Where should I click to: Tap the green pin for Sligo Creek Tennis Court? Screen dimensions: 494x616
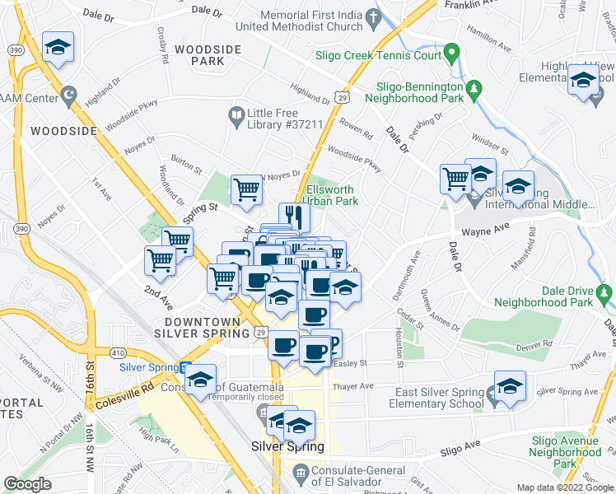(451, 55)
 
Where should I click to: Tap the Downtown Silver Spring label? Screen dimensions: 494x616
(206, 327)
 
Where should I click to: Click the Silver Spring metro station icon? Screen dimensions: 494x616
(187, 367)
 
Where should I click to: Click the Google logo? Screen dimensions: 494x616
(28, 484)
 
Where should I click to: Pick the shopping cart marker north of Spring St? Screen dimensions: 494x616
(246, 189)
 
